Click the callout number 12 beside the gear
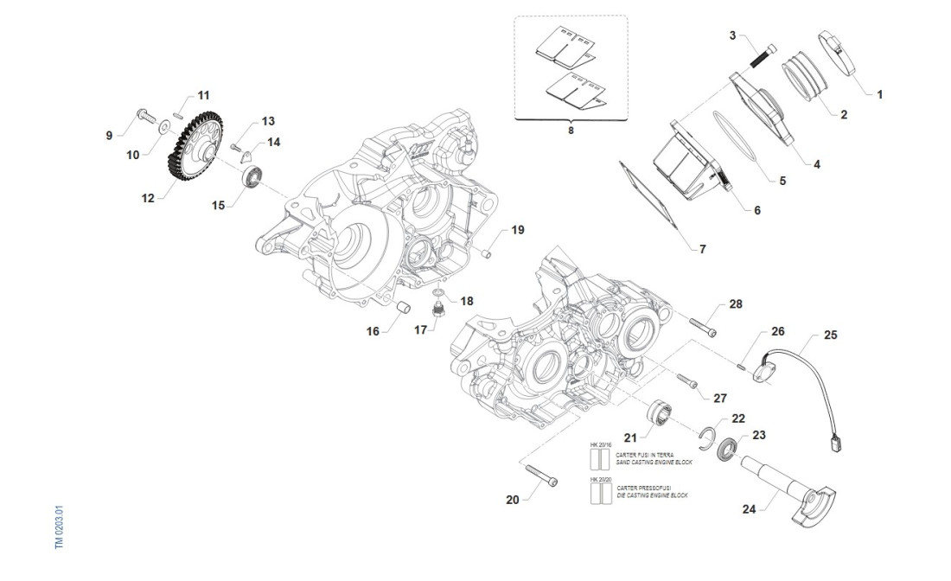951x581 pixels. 148,198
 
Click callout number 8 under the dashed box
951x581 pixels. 570,130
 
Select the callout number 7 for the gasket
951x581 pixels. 702,249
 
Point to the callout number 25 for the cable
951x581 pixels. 830,334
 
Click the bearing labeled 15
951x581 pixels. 252,178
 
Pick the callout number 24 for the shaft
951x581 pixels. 750,509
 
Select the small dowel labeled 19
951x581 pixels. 487,253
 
